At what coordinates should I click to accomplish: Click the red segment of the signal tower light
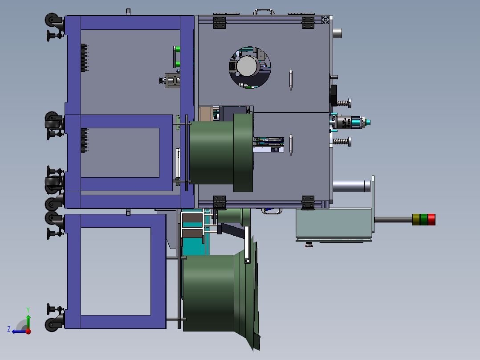(x=431, y=220)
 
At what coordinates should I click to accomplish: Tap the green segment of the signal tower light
(x=424, y=220)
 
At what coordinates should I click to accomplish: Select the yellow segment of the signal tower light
(x=416, y=220)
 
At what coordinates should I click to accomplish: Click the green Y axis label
(x=28, y=310)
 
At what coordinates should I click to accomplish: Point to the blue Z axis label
(x=9, y=329)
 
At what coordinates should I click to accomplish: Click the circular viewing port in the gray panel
(x=250, y=67)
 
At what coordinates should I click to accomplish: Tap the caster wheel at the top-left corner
(x=52, y=20)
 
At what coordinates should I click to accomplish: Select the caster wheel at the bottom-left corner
(x=52, y=324)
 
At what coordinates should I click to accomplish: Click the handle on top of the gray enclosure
(x=264, y=12)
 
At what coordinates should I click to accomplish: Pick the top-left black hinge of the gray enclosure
(x=220, y=23)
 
